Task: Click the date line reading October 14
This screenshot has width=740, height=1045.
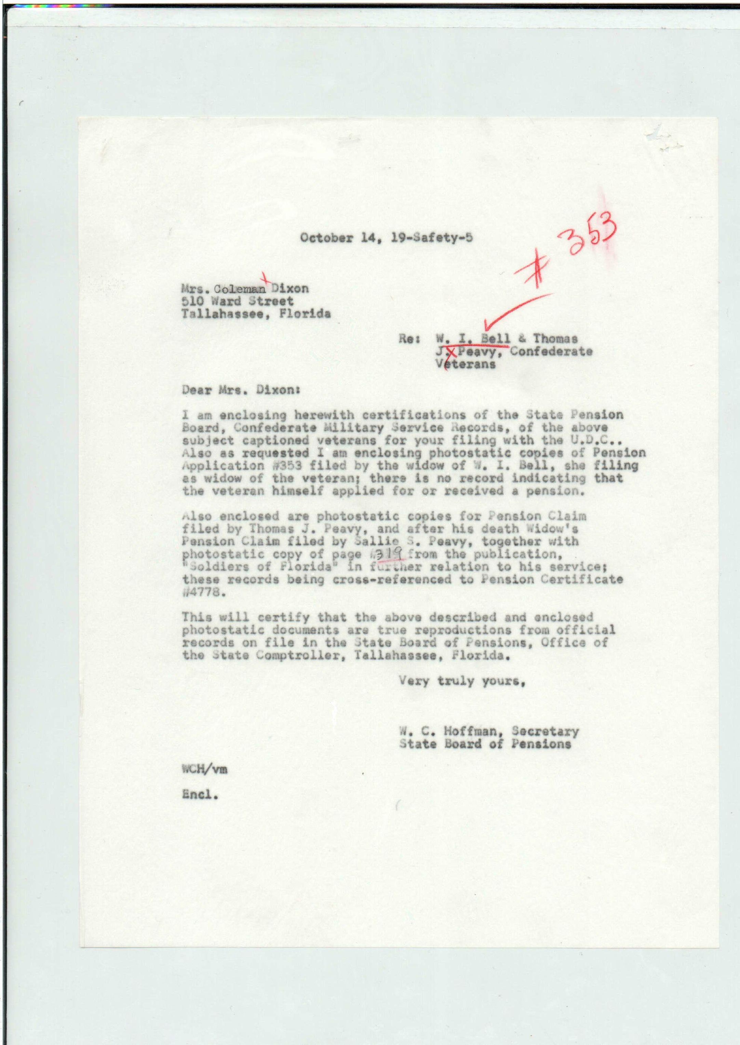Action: pyautogui.click(x=386, y=238)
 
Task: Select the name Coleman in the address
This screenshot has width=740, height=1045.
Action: pyautogui.click(x=240, y=289)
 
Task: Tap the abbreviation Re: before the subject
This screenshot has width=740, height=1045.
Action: pyautogui.click(x=408, y=339)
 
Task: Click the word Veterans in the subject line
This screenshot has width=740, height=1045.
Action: pyautogui.click(x=465, y=365)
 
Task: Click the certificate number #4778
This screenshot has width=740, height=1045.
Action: pyautogui.click(x=204, y=592)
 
